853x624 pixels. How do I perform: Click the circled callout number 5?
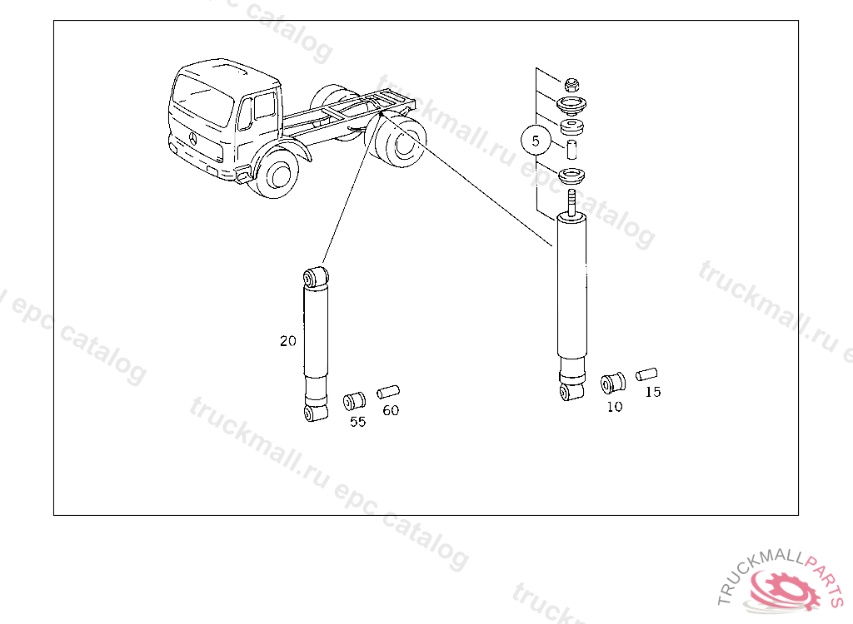[536, 141]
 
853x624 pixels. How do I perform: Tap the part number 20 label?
[287, 341]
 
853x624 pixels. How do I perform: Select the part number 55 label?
[357, 422]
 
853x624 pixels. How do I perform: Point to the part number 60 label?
[391, 410]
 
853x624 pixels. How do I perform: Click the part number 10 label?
[615, 407]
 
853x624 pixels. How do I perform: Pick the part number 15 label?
[653, 392]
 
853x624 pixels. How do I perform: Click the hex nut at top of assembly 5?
[571, 85]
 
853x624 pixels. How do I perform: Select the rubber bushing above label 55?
[354, 401]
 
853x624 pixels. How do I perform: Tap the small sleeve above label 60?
[388, 392]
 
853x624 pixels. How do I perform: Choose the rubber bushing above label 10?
[612, 384]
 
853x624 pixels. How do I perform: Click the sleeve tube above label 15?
[646, 374]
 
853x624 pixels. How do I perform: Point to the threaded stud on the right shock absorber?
[571, 201]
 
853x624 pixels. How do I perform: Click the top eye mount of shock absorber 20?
[316, 277]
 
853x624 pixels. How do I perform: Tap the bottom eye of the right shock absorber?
[571, 391]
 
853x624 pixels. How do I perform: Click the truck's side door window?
[264, 105]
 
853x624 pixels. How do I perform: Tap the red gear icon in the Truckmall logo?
[783, 589]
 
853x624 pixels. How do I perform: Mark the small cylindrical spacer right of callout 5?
[571, 150]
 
